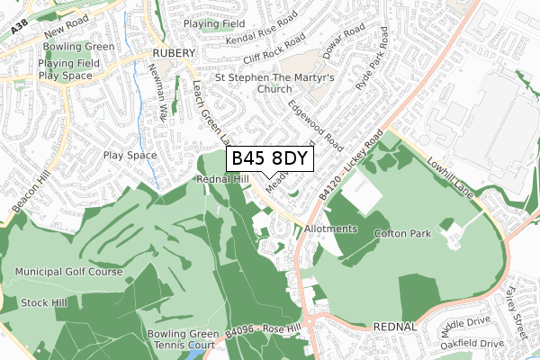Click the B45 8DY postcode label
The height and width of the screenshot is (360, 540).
[x=269, y=159]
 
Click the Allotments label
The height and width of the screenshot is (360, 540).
[x=330, y=229]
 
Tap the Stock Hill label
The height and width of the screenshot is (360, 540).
[x=44, y=302]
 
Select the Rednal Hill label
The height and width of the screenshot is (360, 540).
[x=220, y=179]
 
